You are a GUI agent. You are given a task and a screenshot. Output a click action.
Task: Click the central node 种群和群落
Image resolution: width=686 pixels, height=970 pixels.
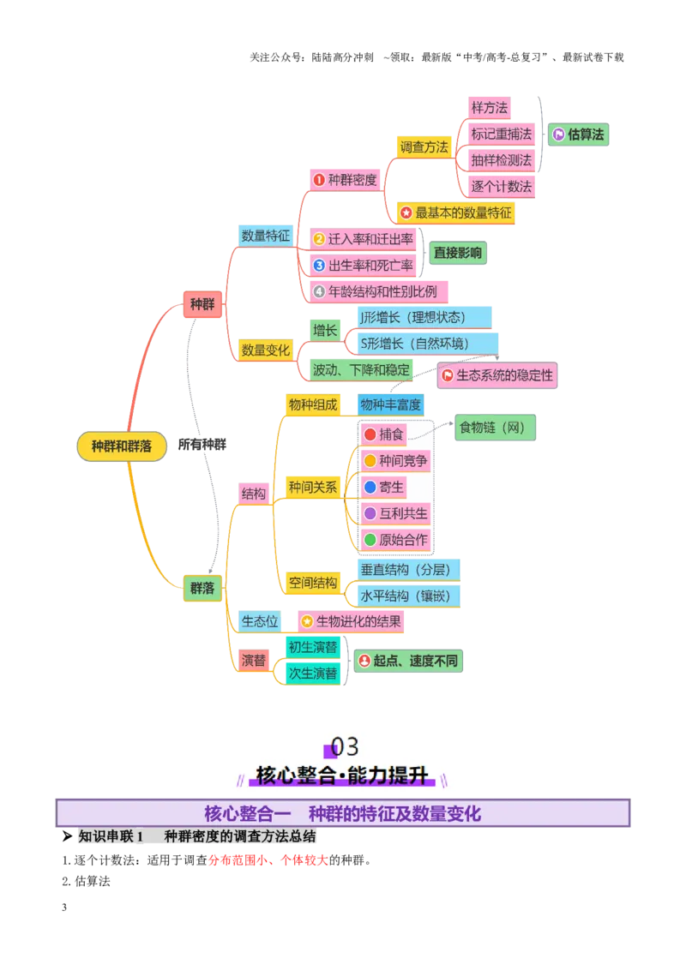click(x=122, y=446)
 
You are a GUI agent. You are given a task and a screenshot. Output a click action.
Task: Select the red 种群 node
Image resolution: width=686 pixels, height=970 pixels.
click(x=202, y=303)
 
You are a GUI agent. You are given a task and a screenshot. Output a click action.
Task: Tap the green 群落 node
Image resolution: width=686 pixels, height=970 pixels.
click(x=202, y=588)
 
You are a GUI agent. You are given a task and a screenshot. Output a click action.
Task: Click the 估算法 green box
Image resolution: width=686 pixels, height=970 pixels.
click(x=578, y=135)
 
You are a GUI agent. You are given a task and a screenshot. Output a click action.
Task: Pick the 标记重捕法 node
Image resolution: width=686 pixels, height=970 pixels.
click(x=501, y=135)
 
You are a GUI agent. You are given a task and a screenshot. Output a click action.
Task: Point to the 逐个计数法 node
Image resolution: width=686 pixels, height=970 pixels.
click(x=501, y=187)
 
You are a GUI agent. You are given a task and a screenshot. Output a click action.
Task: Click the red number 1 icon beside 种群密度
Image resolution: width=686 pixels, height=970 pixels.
click(x=319, y=180)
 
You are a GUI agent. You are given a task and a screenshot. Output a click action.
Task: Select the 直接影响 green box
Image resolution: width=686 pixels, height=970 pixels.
click(x=458, y=253)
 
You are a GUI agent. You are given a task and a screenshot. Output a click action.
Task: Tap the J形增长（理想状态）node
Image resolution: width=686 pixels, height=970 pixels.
click(x=424, y=317)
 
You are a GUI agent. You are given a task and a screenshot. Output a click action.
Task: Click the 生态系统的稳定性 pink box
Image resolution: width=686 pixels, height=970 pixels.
click(x=497, y=375)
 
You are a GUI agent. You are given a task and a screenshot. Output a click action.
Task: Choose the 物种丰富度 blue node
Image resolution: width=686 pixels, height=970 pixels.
click(x=391, y=404)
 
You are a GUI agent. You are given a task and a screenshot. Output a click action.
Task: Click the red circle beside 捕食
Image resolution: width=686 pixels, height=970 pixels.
click(x=370, y=434)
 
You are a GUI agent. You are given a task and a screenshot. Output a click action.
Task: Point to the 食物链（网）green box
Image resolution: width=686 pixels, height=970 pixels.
click(x=495, y=428)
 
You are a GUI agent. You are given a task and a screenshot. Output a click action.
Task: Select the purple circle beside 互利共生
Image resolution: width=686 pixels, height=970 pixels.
click(x=370, y=513)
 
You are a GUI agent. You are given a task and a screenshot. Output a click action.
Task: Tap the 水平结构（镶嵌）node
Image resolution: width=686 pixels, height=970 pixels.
click(x=409, y=596)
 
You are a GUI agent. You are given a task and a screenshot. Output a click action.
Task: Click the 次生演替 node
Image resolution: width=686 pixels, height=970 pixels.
click(x=313, y=674)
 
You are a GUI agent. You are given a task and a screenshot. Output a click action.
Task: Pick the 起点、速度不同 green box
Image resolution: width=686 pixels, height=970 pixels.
click(x=408, y=661)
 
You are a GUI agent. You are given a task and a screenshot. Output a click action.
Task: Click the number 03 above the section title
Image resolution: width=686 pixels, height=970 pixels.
click(x=344, y=746)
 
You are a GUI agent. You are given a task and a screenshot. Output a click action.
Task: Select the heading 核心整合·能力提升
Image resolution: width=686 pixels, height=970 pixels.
click(x=342, y=775)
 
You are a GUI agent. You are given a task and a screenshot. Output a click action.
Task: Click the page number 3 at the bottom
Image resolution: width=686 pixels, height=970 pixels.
click(x=64, y=907)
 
